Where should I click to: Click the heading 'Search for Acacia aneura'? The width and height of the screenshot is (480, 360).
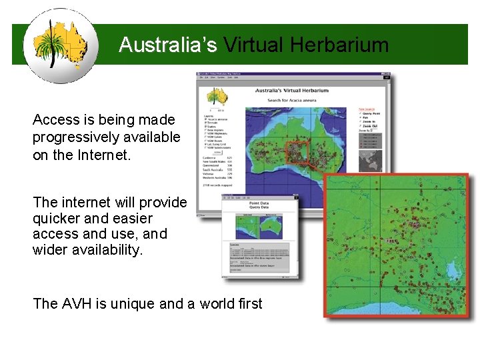[293, 100]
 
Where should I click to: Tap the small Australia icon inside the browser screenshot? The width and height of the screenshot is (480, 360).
[217, 97]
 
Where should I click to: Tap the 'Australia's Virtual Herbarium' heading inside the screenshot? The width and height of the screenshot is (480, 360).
[293, 89]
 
